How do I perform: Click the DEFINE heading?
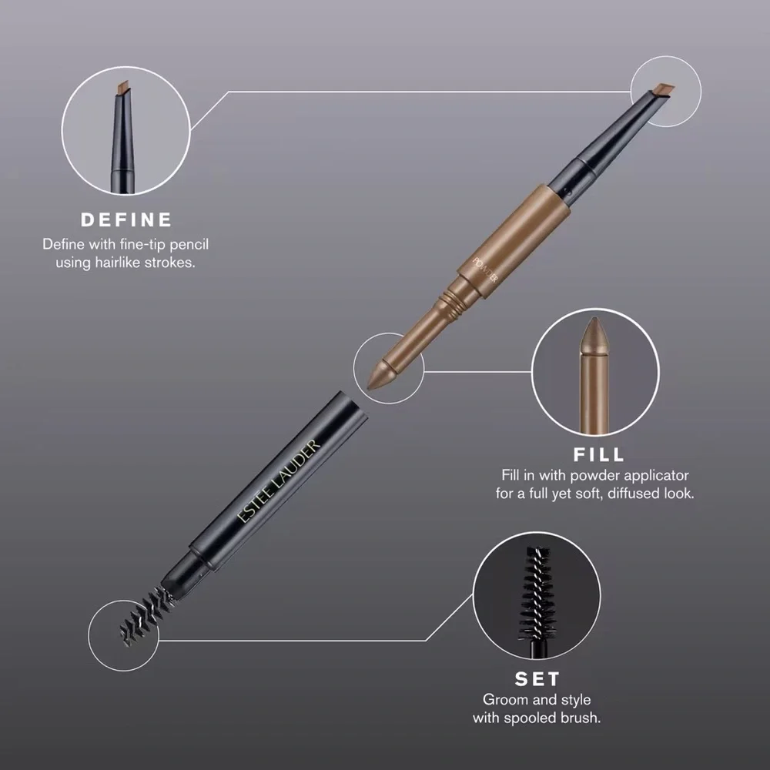tap(126, 219)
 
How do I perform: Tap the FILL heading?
tap(599, 454)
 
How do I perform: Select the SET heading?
tap(537, 679)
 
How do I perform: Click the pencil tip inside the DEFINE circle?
tap(119, 89)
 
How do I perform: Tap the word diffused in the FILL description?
tap(634, 493)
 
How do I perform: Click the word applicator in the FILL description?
tap(653, 475)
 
